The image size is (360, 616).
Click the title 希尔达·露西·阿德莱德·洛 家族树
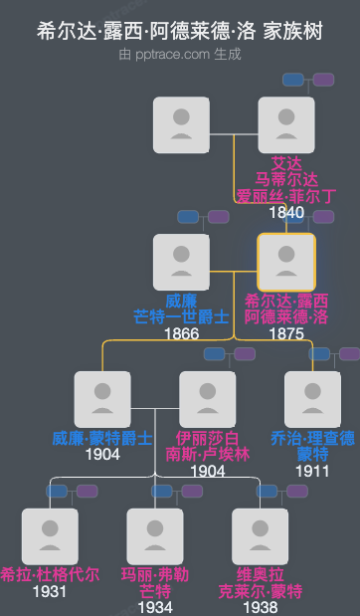point(180,31)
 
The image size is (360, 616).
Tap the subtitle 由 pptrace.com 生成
point(180,54)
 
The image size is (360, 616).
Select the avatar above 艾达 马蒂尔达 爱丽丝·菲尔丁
point(285,124)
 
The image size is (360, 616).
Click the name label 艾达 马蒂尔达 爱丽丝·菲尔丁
point(286,179)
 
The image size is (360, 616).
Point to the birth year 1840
point(286,212)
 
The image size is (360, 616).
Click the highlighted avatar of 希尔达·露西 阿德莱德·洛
point(286,262)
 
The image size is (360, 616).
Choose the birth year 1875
point(286,333)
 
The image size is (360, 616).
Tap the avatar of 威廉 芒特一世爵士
point(181,262)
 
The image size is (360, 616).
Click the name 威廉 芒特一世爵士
point(181,308)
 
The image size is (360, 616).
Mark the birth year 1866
point(181,333)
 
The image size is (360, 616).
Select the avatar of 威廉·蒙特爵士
point(102,399)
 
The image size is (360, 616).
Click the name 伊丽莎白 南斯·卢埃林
point(207,446)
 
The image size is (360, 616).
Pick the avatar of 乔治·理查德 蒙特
point(312,399)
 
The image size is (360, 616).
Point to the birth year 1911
point(312,471)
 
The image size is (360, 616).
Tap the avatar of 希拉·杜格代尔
point(50,536)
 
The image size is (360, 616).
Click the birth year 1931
point(50,591)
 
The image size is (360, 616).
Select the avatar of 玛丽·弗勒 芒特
point(154,536)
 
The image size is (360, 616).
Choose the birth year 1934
point(154,607)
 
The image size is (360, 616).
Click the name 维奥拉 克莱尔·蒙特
point(260,583)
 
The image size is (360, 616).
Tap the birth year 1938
point(260,607)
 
